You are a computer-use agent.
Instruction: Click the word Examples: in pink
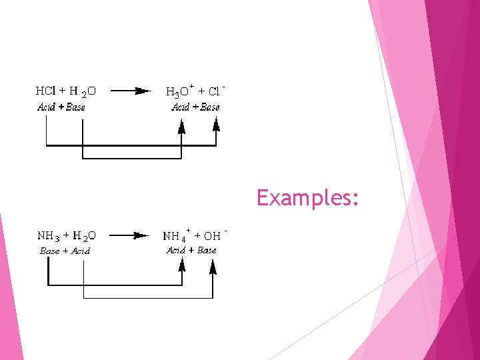point(309,198)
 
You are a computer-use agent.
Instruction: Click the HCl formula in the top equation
point(46,90)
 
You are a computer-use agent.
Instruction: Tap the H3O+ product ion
point(179,91)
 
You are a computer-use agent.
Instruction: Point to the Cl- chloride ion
point(215,91)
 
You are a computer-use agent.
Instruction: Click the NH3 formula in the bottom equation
point(48,235)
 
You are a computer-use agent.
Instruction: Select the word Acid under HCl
point(45,107)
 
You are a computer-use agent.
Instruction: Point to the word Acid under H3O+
point(180,107)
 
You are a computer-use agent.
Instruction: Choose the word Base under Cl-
point(210,107)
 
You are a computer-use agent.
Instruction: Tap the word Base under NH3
point(49,251)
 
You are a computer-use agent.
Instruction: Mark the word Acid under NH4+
point(175,251)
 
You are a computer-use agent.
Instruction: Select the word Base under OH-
point(207,251)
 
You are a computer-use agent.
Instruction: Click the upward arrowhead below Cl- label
point(216,124)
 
